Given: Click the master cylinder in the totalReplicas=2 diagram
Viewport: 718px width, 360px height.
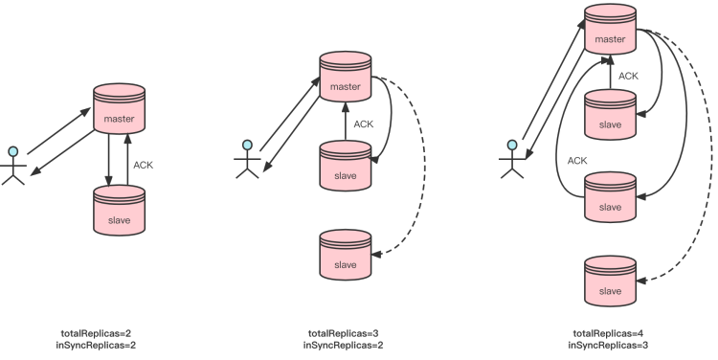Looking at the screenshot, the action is click(x=119, y=108).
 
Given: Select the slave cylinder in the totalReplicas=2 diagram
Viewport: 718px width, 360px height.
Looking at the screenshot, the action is click(x=119, y=211).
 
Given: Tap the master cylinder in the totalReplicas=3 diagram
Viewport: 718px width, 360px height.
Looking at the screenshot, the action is click(x=346, y=77).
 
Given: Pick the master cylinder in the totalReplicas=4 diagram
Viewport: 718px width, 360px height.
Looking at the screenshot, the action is click(x=611, y=29).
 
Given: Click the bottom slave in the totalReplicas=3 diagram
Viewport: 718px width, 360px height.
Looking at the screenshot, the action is click(x=346, y=255).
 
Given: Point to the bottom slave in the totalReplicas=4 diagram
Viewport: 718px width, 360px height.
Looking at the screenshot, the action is click(x=611, y=281).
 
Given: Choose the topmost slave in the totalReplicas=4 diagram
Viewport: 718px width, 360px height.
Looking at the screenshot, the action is click(x=611, y=115).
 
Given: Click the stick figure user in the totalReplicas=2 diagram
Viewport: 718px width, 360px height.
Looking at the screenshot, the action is click(x=13, y=166).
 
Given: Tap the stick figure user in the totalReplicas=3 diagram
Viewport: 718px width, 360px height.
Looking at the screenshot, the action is click(x=247, y=159).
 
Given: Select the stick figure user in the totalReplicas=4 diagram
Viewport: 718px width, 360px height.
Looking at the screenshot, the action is click(x=512, y=159).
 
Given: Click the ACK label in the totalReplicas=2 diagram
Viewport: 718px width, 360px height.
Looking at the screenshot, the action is click(x=143, y=165).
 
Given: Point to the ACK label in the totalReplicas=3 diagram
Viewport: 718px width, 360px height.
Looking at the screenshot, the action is click(x=364, y=124).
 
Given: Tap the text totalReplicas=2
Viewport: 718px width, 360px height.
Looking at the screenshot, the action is click(x=96, y=333).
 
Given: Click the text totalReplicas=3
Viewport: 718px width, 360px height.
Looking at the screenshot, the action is click(x=344, y=333).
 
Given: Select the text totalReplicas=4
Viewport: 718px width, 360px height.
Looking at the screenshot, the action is click(x=608, y=333).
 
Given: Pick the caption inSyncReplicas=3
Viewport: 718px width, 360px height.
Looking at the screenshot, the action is click(x=608, y=345).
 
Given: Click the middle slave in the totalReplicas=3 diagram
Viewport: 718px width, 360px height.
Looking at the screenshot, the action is click(x=346, y=166).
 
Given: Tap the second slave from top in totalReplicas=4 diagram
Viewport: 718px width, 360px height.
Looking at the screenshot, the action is click(x=611, y=197).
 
